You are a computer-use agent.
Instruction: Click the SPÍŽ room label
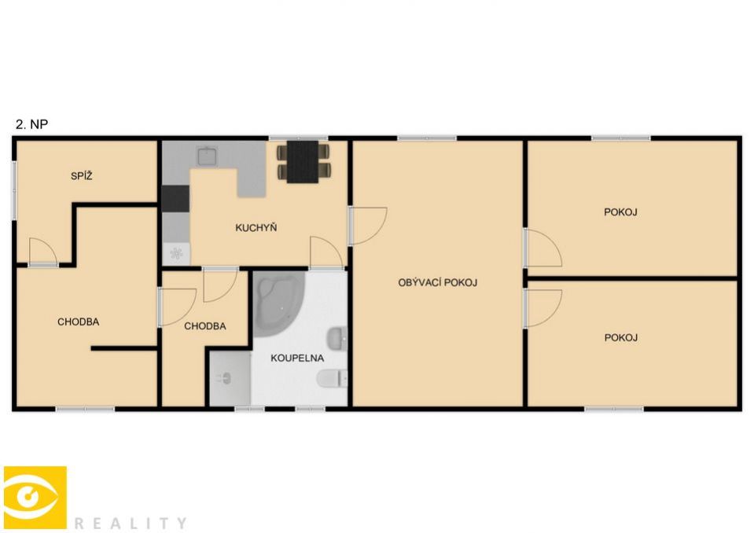click(x=81, y=176)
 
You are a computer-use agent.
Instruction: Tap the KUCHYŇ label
click(x=256, y=227)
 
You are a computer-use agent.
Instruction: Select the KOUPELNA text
click(x=297, y=358)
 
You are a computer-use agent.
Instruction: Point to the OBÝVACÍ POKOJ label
click(x=438, y=282)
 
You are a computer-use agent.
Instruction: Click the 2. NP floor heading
click(x=31, y=124)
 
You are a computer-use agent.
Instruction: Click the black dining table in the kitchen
click(x=303, y=161)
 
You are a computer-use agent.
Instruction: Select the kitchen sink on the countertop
click(x=208, y=156)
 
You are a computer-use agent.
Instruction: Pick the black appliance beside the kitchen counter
click(x=175, y=198)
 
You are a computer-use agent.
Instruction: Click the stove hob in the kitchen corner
click(x=176, y=254)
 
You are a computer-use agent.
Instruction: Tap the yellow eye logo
click(x=35, y=498)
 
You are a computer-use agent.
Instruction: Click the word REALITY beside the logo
click(x=131, y=523)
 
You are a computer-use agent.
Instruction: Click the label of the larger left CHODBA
click(x=79, y=322)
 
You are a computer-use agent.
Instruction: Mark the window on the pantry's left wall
click(x=14, y=190)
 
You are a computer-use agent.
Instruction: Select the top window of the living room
click(x=426, y=138)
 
